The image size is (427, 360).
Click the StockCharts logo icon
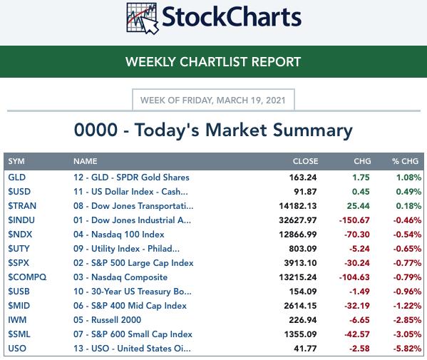point(143,18)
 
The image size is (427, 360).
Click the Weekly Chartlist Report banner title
point(213,62)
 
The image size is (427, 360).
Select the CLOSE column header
point(305,161)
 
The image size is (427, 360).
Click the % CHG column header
point(405,161)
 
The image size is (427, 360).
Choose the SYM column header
point(16,161)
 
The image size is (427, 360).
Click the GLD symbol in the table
point(17,178)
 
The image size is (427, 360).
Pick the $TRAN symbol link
point(22,206)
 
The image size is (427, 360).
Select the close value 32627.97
point(298,220)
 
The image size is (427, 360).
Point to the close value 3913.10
point(300,263)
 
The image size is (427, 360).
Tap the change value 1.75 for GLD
point(361,178)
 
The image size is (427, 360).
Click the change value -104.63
point(354,277)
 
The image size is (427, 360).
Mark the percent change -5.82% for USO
point(407,349)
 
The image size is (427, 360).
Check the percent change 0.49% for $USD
point(408,192)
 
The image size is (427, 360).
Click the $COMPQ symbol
point(27,277)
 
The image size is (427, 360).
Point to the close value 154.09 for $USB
point(303,292)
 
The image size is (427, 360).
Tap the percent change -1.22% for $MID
point(407,306)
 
